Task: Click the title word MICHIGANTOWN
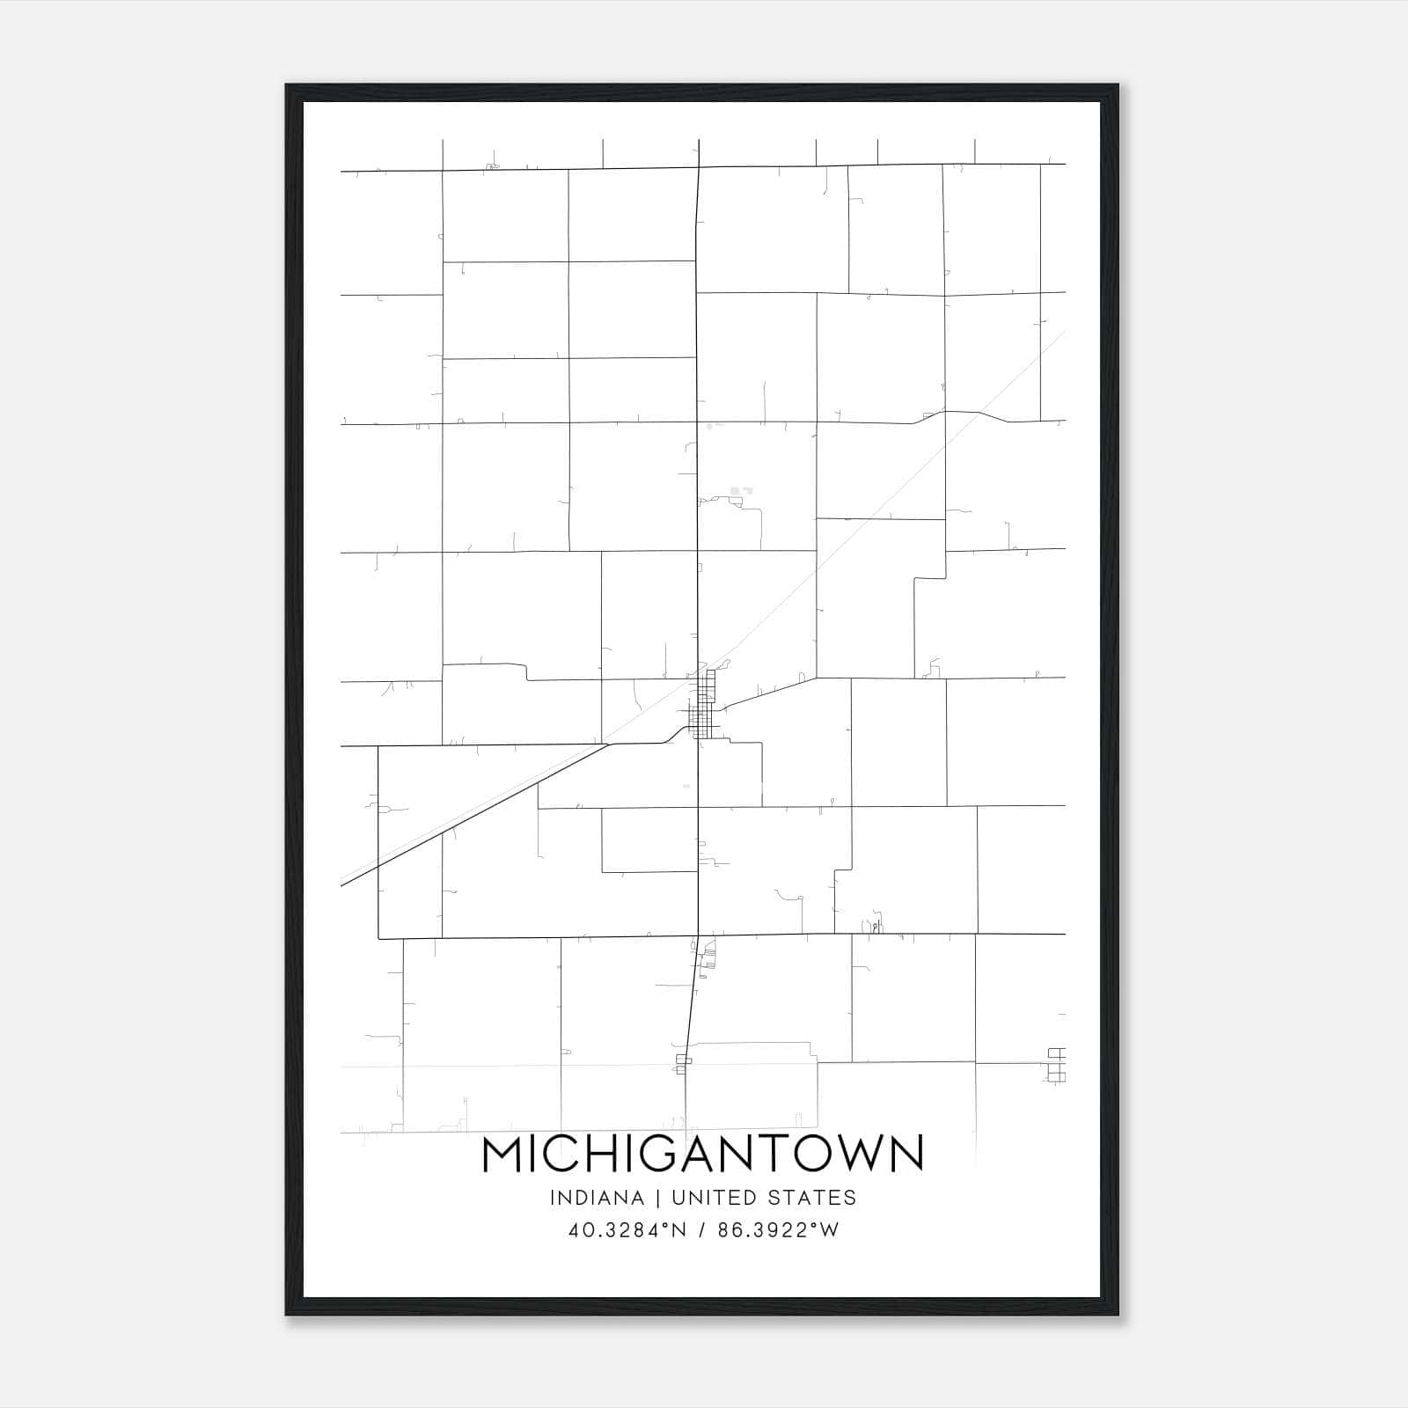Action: pyautogui.click(x=702, y=1154)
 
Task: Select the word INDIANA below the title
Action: pyautogui.click(x=597, y=1198)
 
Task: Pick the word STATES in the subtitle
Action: pyautogui.click(x=811, y=1198)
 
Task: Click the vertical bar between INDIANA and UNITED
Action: pyautogui.click(x=657, y=1198)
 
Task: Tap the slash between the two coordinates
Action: pyautogui.click(x=702, y=1230)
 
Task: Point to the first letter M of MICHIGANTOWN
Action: pyautogui.click(x=502, y=1154)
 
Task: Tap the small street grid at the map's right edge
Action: pyautogui.click(x=1057, y=1065)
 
